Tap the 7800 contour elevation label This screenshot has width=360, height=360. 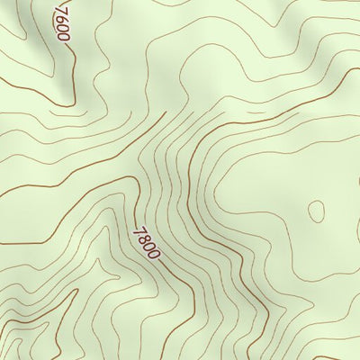[x=146, y=242]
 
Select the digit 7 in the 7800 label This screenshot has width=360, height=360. [x=138, y=230]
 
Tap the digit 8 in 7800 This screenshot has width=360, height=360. [x=143, y=238]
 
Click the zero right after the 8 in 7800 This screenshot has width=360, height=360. [x=148, y=246]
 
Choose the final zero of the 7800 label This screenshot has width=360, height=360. [x=154, y=254]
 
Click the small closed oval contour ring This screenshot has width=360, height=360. [x=316, y=211]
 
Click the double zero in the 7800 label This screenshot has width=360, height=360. [x=151, y=250]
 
